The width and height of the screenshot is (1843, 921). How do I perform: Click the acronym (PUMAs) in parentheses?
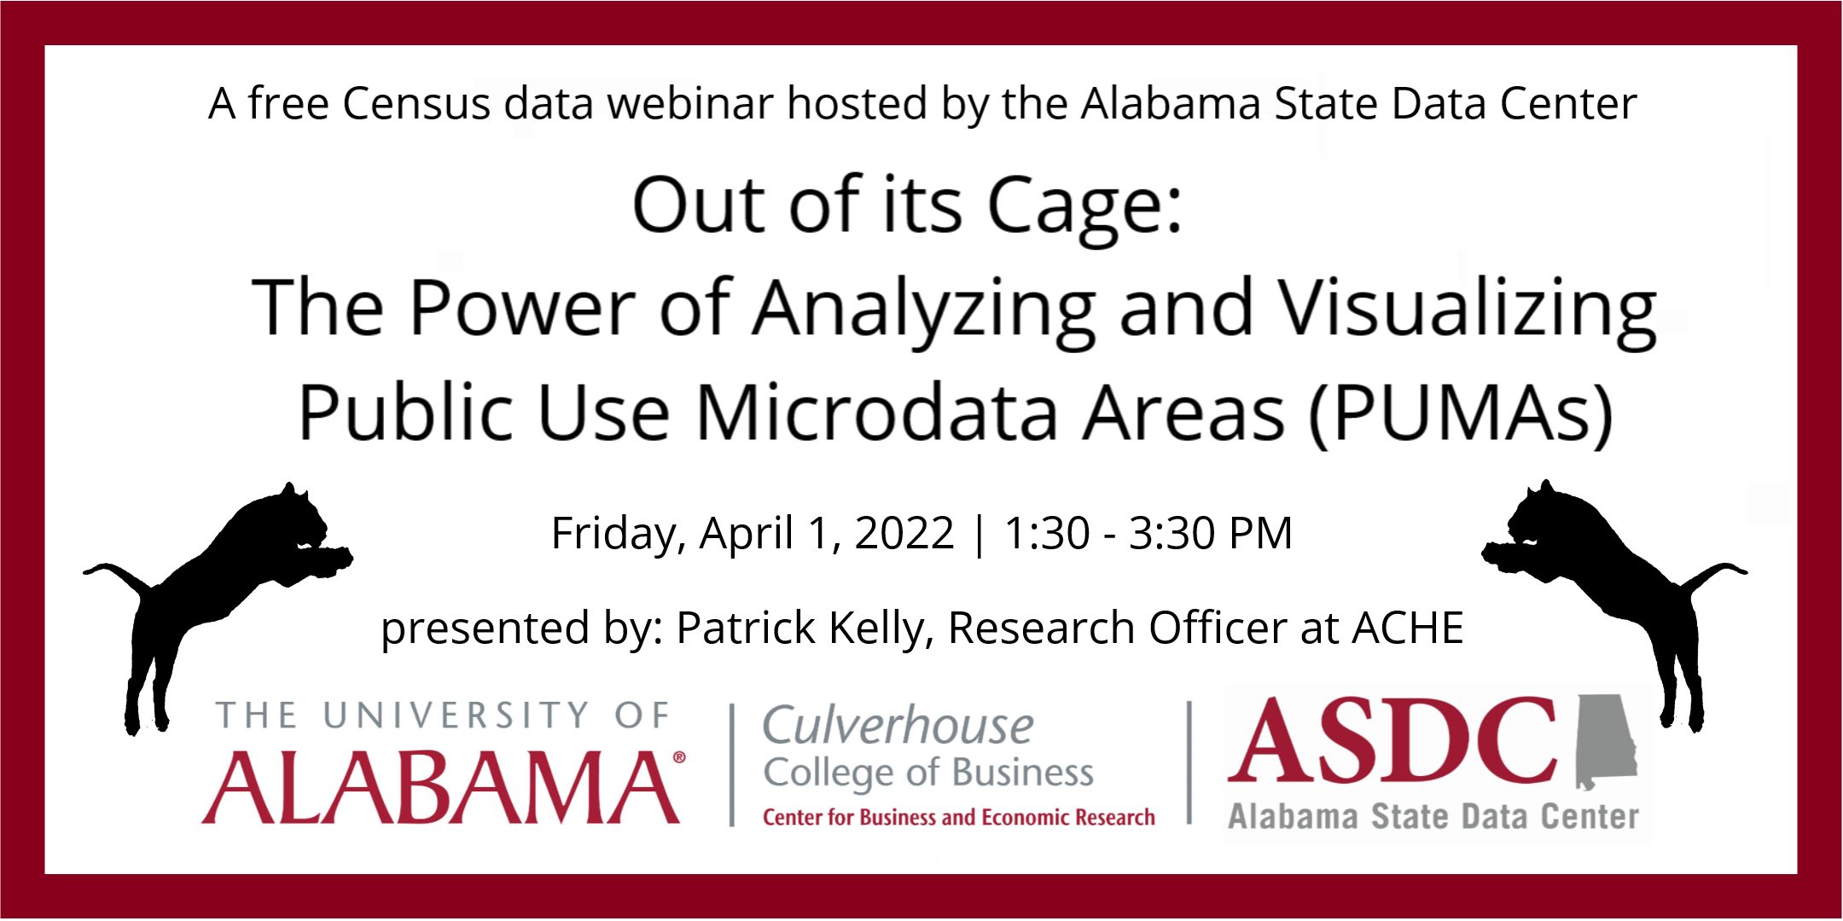[x=1461, y=414]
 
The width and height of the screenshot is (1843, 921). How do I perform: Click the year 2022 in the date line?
[x=904, y=534]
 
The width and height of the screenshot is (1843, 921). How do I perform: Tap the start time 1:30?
[x=1047, y=534]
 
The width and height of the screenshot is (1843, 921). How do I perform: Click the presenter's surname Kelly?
[x=881, y=629]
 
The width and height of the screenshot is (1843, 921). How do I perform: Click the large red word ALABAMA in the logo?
[x=441, y=788]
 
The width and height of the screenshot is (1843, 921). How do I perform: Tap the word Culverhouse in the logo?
[x=898, y=727]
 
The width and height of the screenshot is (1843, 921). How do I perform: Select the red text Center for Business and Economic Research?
[x=958, y=818]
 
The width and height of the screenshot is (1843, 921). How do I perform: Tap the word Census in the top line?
[x=416, y=104]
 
